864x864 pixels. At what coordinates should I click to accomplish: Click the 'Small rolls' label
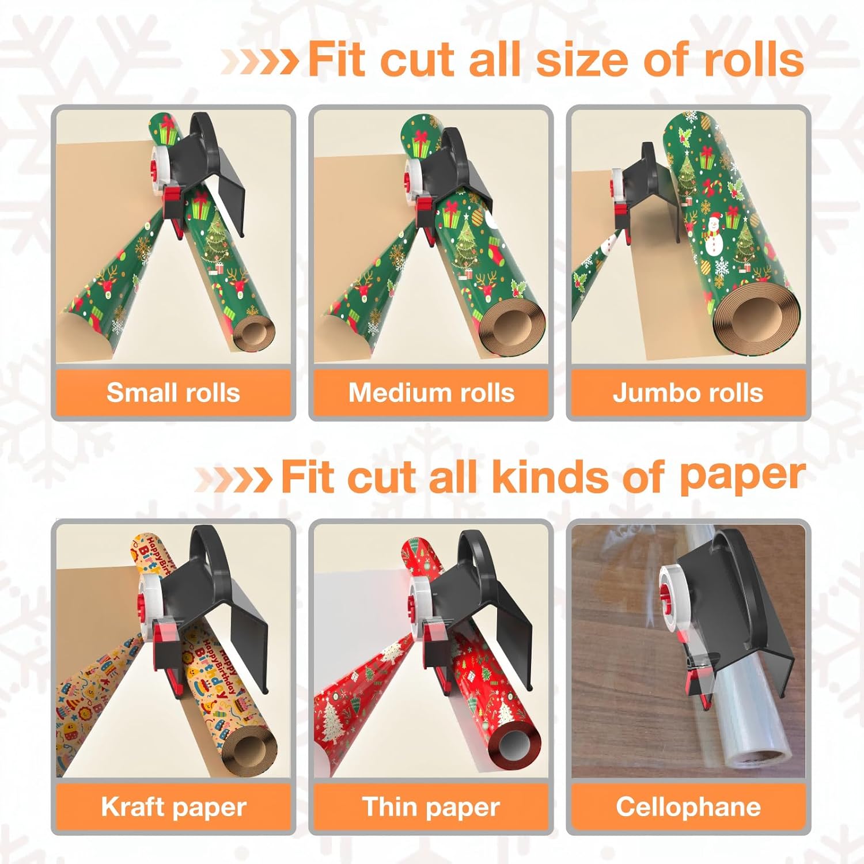pyautogui.click(x=173, y=393)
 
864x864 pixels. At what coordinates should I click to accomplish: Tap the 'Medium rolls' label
pyautogui.click(x=431, y=393)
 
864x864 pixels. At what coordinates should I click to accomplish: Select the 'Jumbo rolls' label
pyautogui.click(x=688, y=393)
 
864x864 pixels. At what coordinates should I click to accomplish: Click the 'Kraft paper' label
pyautogui.click(x=173, y=807)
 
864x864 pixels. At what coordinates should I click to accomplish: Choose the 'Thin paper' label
pyautogui.click(x=431, y=807)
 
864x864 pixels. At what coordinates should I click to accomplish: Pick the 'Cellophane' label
pyautogui.click(x=688, y=807)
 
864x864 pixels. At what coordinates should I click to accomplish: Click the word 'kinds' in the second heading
pyautogui.click(x=550, y=477)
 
